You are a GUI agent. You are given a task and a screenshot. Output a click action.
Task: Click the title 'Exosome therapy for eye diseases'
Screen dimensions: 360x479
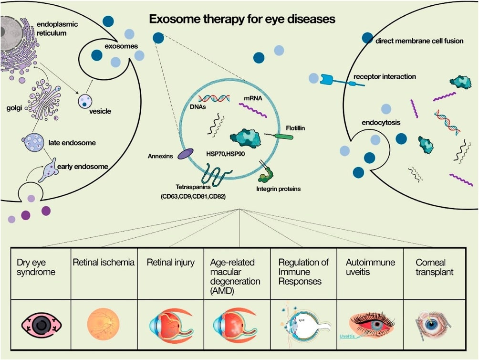coord(242,20)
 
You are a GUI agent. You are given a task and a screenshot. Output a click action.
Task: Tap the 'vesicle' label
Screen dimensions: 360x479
coord(100,111)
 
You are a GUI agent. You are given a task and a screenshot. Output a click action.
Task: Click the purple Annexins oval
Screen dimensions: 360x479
coord(186,153)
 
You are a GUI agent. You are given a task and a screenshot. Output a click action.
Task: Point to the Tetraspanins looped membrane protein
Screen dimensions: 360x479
coord(216,174)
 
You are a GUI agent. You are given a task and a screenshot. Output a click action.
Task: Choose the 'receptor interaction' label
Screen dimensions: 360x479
coord(385,77)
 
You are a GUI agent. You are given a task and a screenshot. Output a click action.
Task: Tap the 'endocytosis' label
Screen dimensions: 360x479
coord(381,123)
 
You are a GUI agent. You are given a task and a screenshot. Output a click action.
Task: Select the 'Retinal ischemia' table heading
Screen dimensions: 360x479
coord(103,262)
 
